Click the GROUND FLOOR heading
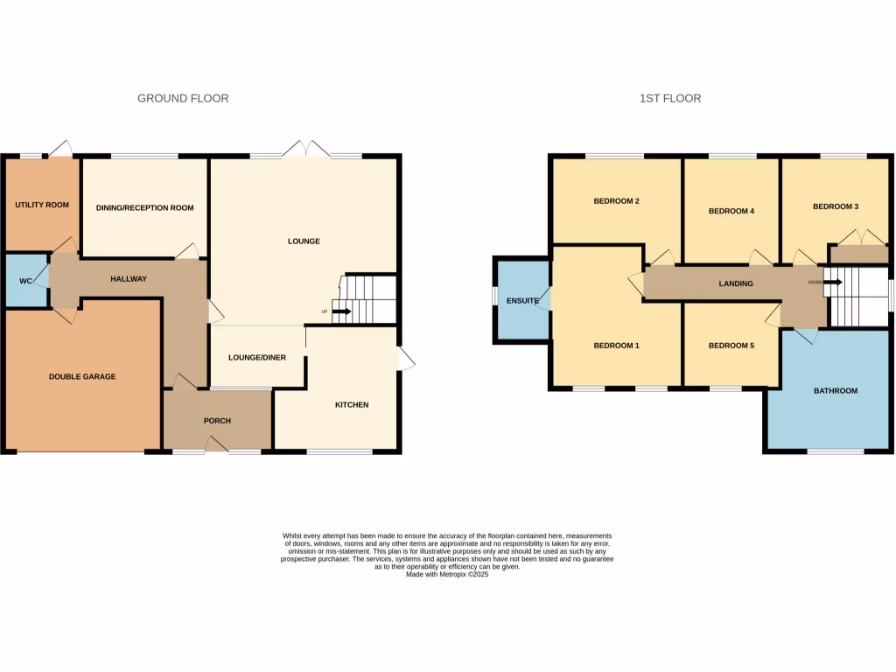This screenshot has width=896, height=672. click(183, 99)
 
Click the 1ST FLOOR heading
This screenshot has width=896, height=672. click(669, 99)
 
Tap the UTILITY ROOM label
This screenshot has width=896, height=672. click(41, 206)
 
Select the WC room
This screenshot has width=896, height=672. click(25, 281)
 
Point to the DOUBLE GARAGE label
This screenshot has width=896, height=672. click(82, 377)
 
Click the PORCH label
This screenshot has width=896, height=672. click(217, 421)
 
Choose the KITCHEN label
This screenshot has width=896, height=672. click(351, 405)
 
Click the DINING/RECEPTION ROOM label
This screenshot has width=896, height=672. click(144, 208)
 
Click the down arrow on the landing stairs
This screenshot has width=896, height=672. click(832, 283)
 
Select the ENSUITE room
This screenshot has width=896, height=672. click(521, 300)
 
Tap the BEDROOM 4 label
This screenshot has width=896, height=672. click(731, 211)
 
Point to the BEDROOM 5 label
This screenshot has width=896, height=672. click(731, 346)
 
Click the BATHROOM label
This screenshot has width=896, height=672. click(835, 391)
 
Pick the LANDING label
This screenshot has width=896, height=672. click(735, 284)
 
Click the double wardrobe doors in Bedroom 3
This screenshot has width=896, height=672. click(856, 238)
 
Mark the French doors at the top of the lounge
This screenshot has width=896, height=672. click(305, 150)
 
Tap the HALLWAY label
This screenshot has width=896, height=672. click(128, 279)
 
